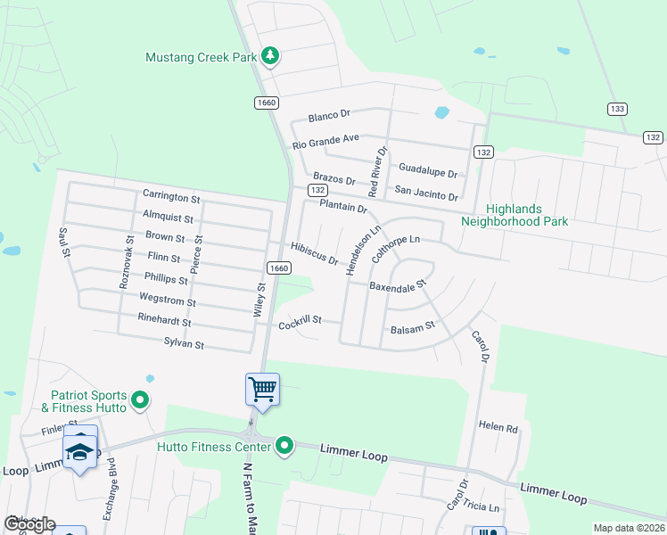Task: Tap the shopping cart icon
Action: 262,389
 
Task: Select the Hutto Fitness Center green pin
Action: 284,445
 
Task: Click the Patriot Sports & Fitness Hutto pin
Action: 139,401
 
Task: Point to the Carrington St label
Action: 171,195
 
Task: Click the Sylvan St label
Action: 184,343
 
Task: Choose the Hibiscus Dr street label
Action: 315,253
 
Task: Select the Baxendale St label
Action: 399,287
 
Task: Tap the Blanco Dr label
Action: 330,116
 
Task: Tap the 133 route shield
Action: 616,109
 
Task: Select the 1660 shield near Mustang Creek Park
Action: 266,102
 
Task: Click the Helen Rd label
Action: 498,428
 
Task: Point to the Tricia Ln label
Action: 482,506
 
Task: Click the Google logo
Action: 30,524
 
